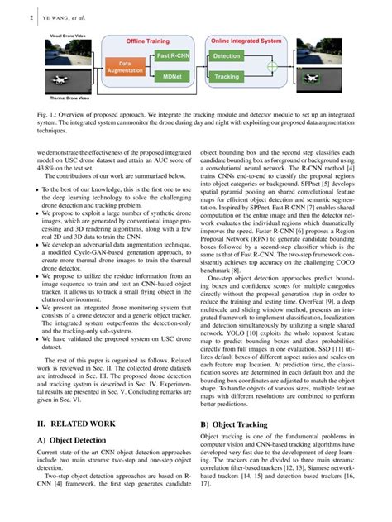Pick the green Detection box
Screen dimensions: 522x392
pyautogui.click(x=227, y=56)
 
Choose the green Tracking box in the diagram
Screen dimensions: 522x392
pyautogui.click(x=227, y=77)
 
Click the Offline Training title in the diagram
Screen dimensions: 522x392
pyautogui.click(x=148, y=41)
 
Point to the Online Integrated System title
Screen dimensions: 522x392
pyautogui.click(x=245, y=41)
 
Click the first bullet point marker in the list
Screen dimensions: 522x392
pyautogui.click(x=37, y=189)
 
